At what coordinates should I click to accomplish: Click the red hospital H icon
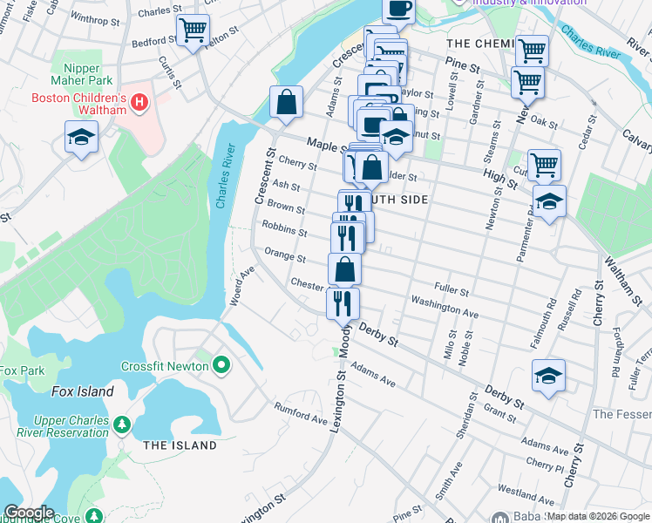(138, 105)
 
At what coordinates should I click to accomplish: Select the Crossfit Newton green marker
(221, 364)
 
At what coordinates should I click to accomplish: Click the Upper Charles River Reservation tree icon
(122, 425)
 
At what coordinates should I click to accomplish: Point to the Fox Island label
(82, 391)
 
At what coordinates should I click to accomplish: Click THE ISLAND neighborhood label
(180, 445)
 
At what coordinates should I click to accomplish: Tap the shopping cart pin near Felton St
(193, 31)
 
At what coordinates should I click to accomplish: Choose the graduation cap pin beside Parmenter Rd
(549, 202)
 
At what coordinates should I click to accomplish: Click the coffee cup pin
(399, 9)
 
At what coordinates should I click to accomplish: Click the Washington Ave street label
(445, 307)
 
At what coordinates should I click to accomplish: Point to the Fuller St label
(452, 289)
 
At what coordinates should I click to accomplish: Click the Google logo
(28, 513)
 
